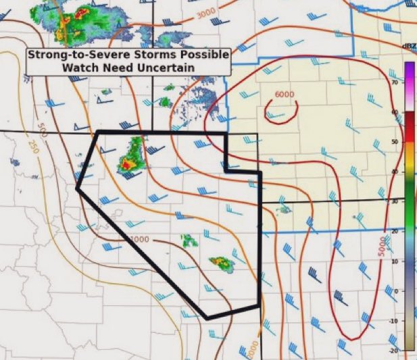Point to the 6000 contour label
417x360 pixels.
(x=284, y=95)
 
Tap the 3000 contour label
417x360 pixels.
(x=206, y=13)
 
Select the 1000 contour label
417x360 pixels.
(x=139, y=240)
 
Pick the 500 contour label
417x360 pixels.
(x=43, y=128)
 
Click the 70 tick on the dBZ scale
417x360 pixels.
(x=393, y=82)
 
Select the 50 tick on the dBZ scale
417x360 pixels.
(x=393, y=142)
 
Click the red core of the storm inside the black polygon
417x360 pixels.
(x=126, y=163)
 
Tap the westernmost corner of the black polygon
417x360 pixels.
(x=78, y=190)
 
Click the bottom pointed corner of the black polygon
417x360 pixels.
(x=207, y=317)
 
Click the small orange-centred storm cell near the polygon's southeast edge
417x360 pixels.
(x=220, y=262)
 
